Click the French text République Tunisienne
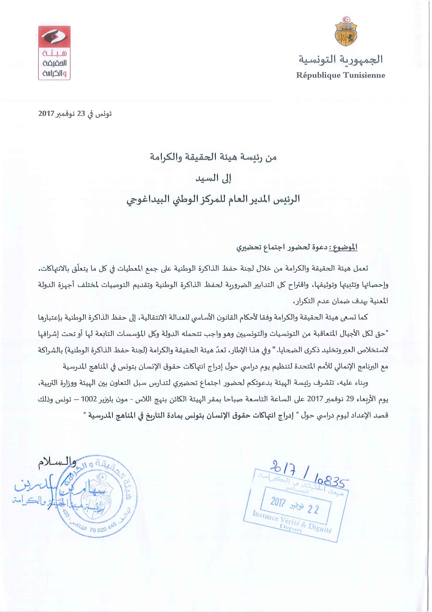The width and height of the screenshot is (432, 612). [x=341, y=75]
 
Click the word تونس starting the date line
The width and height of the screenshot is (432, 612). [x=103, y=114]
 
